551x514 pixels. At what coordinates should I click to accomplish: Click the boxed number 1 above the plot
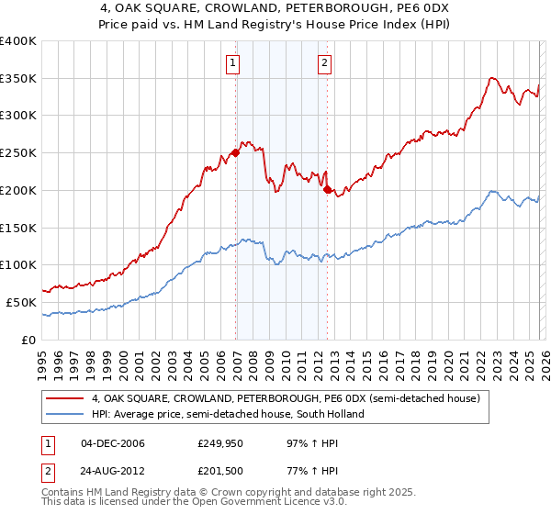coord(233,63)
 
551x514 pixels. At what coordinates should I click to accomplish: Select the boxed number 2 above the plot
coord(325,63)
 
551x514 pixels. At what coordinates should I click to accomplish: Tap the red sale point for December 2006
coord(236,153)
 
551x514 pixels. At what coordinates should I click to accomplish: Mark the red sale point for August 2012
coord(328,189)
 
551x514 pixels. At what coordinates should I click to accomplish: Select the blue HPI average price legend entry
coord(228,414)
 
